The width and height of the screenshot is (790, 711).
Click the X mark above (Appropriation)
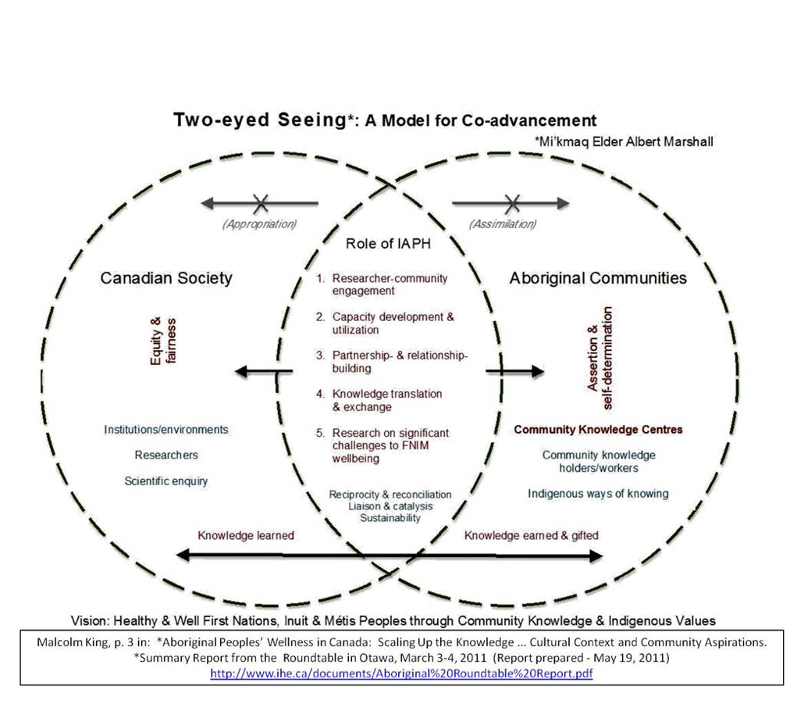tap(261, 204)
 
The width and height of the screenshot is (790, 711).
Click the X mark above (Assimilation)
tap(511, 204)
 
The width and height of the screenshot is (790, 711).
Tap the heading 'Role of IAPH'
tap(388, 244)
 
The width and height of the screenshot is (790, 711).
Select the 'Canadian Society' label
tap(166, 278)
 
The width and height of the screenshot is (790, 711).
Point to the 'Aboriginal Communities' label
tap(598, 278)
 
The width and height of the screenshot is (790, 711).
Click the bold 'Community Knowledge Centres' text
tap(598, 430)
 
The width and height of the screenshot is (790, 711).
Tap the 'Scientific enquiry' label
tap(166, 481)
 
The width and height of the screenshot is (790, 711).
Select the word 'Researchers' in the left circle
tap(166, 455)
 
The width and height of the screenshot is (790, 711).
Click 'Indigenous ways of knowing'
tap(598, 494)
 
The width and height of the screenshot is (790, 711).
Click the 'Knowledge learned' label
tap(246, 536)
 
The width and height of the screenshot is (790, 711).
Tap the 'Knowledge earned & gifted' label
tap(532, 536)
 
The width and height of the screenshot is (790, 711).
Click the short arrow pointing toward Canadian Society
tap(263, 371)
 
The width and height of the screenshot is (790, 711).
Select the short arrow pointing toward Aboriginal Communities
tap(514, 371)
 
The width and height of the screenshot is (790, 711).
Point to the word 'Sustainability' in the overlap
tap(390, 518)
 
